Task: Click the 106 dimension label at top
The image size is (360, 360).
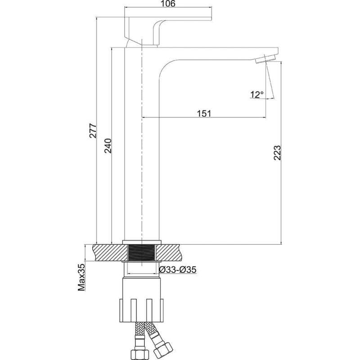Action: pos(167,4)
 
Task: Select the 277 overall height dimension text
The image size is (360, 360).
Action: pos(93,131)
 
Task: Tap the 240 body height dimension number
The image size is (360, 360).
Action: pos(108,146)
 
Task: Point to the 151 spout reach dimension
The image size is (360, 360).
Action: pos(204,113)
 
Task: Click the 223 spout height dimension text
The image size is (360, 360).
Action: pos(277,153)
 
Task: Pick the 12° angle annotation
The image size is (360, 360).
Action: pos(257,94)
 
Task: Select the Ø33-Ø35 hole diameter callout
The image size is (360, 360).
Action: pos(178,270)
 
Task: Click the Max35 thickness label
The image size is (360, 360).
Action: pos(81,277)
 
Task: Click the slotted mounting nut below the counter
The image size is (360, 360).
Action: pos(142,310)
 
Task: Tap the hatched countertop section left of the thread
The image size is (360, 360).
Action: pos(110,253)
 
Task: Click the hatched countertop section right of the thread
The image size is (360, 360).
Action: pos(170,253)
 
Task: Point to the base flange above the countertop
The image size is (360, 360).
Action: pos(142,242)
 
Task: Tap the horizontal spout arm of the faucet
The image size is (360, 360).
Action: pos(218,54)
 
